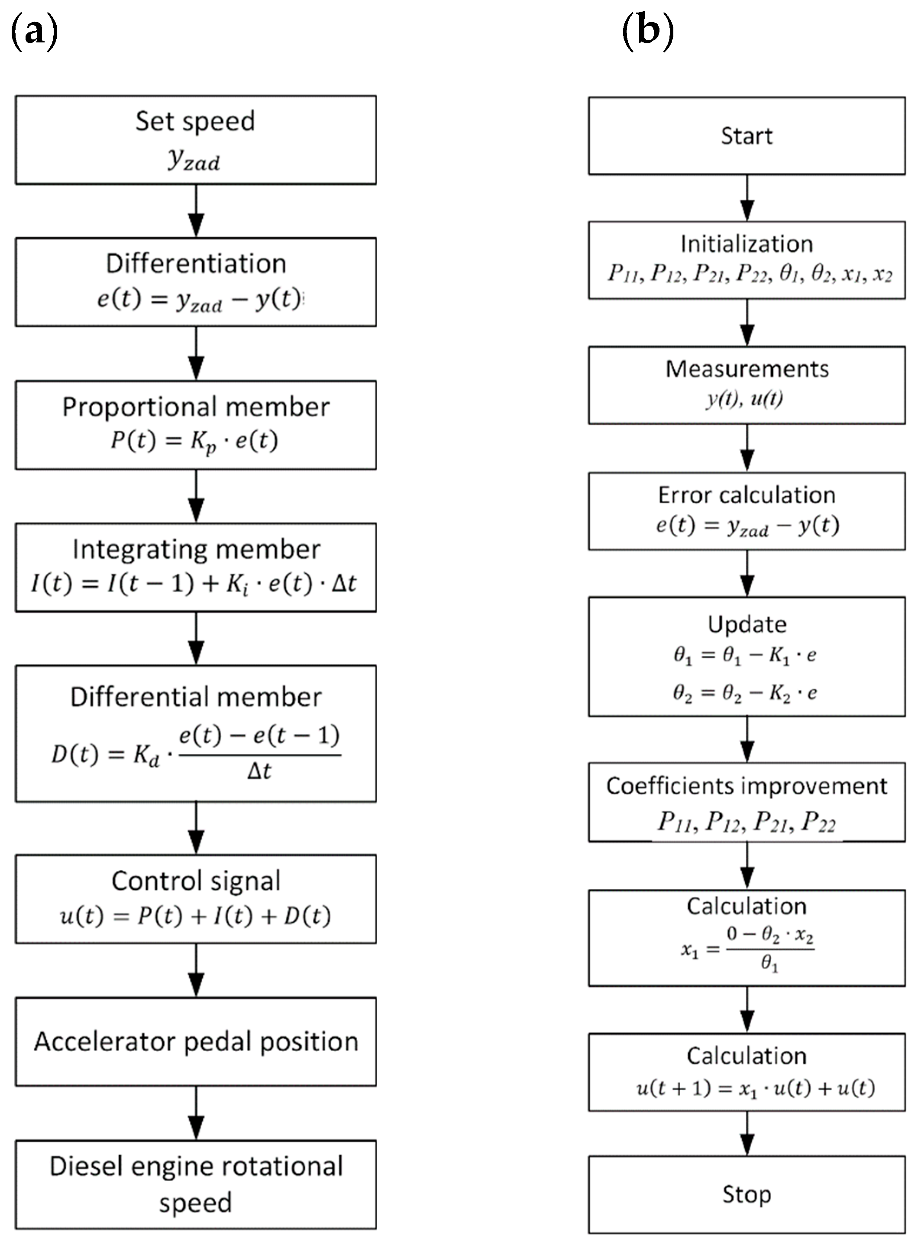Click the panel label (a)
pos(35,32)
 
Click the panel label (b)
pos(648,32)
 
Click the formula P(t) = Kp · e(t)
pos(194,441)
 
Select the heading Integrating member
pos(196,549)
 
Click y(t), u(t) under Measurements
pos(745,398)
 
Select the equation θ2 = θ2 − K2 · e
pos(745,693)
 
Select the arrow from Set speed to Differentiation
pos(196,211)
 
